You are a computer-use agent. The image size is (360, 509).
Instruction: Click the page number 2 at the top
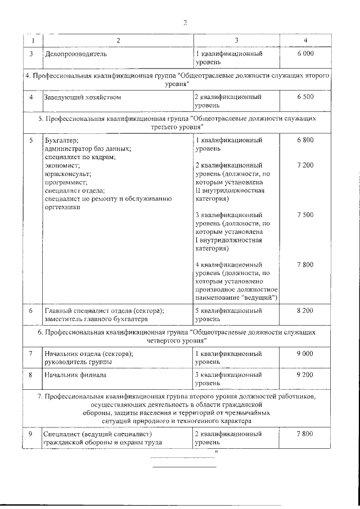tap(184, 22)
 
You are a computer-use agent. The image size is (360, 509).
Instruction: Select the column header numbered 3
tap(236, 40)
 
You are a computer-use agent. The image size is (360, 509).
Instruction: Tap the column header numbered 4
tap(305, 40)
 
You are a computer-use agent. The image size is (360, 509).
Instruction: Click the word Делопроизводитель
tap(75, 53)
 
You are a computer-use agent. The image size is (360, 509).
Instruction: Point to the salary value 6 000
tap(305, 53)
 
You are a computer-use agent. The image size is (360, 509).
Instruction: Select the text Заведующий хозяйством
tap(82, 97)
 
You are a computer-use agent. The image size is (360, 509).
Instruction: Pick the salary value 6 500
tap(305, 97)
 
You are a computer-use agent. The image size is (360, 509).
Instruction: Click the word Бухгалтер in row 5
tap(61, 140)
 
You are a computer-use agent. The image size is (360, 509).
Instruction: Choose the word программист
tap(65, 182)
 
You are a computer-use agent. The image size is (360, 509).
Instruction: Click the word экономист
tap(62, 165)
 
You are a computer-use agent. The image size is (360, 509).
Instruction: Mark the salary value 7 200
tap(305, 165)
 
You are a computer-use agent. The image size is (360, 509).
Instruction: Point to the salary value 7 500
tap(305, 215)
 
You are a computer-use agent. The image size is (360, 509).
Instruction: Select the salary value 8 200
tap(305, 310)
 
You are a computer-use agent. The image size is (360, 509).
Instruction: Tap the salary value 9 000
tap(305, 353)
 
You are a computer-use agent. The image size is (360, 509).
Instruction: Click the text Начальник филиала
tap(75, 373)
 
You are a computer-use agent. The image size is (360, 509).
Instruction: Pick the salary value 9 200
tap(305, 373)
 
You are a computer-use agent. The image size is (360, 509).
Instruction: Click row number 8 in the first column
tap(31, 373)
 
